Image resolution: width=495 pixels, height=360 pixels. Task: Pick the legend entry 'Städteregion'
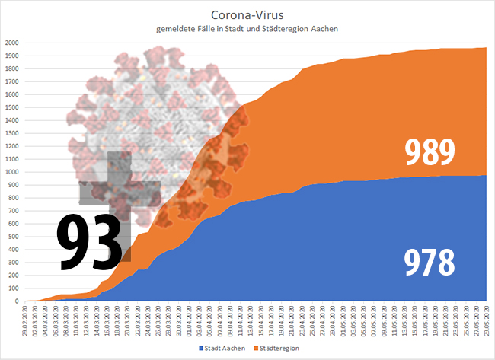point(276,348)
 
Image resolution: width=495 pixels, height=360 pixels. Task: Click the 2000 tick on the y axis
point(14,43)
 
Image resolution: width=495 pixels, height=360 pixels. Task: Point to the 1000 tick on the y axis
point(14,172)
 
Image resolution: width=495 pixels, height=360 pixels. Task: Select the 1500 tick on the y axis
point(14,107)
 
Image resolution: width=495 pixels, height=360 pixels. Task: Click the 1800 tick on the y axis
point(14,68)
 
